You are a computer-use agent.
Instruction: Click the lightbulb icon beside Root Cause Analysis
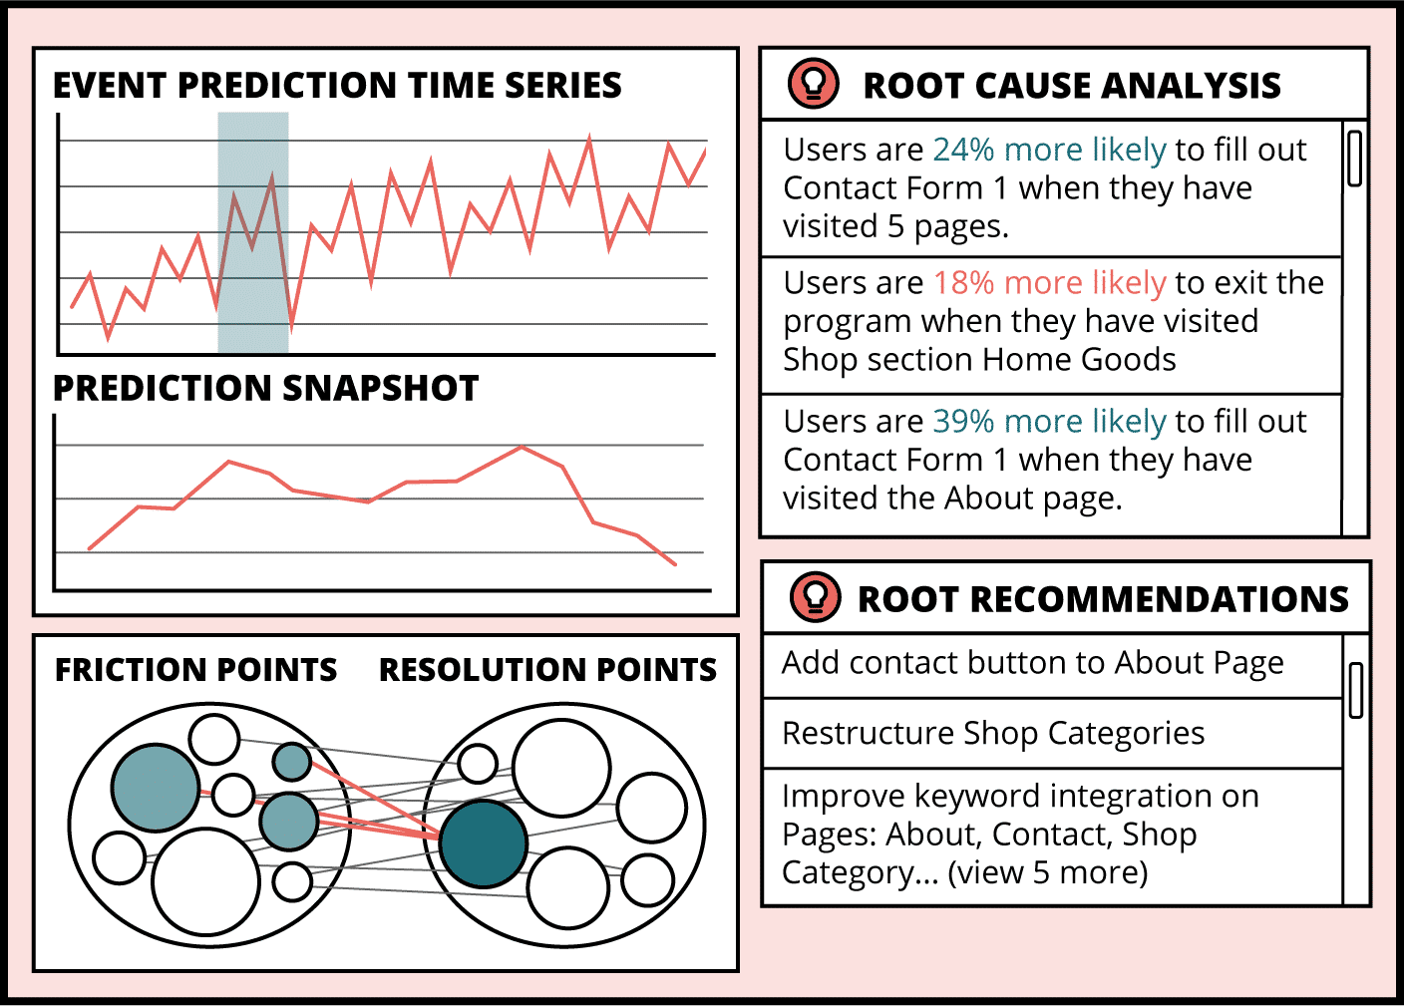pyautogui.click(x=813, y=84)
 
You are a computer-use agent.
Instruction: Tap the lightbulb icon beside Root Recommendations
pyautogui.click(x=815, y=597)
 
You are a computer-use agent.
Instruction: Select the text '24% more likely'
pyautogui.click(x=1050, y=150)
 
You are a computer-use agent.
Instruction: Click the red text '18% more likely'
pyautogui.click(x=1050, y=283)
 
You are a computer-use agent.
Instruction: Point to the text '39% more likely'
pyautogui.click(x=1050, y=421)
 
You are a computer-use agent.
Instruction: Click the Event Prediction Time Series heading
pyautogui.click(x=337, y=85)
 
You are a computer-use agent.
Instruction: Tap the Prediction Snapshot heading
pyautogui.click(x=266, y=388)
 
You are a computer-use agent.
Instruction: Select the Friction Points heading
pyautogui.click(x=195, y=669)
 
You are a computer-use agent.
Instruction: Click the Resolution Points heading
pyautogui.click(x=547, y=669)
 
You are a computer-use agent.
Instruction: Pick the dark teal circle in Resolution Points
pyautogui.click(x=483, y=843)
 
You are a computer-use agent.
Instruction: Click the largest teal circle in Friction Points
pyautogui.click(x=156, y=788)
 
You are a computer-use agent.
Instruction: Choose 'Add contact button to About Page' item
pyautogui.click(x=1032, y=663)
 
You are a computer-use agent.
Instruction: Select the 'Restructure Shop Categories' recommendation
pyautogui.click(x=993, y=733)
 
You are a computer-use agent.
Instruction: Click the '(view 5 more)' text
pyautogui.click(x=1047, y=872)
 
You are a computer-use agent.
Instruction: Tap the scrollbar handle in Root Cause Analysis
pyautogui.click(x=1354, y=158)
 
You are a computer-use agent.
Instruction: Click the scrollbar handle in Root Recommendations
pyautogui.click(x=1356, y=690)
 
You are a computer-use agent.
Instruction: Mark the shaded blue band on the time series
pyautogui.click(x=253, y=232)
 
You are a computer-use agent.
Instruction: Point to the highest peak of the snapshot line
pyautogui.click(x=522, y=447)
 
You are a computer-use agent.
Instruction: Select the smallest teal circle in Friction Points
pyautogui.click(x=291, y=762)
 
